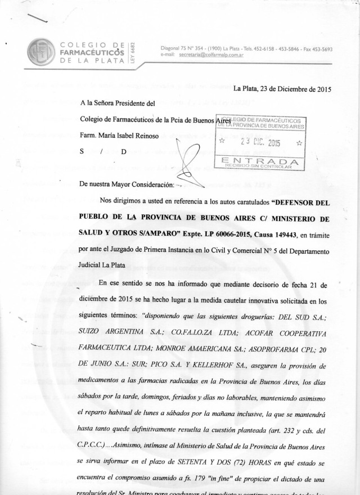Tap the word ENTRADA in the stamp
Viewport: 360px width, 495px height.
click(259, 161)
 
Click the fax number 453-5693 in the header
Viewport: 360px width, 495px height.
click(319, 49)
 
